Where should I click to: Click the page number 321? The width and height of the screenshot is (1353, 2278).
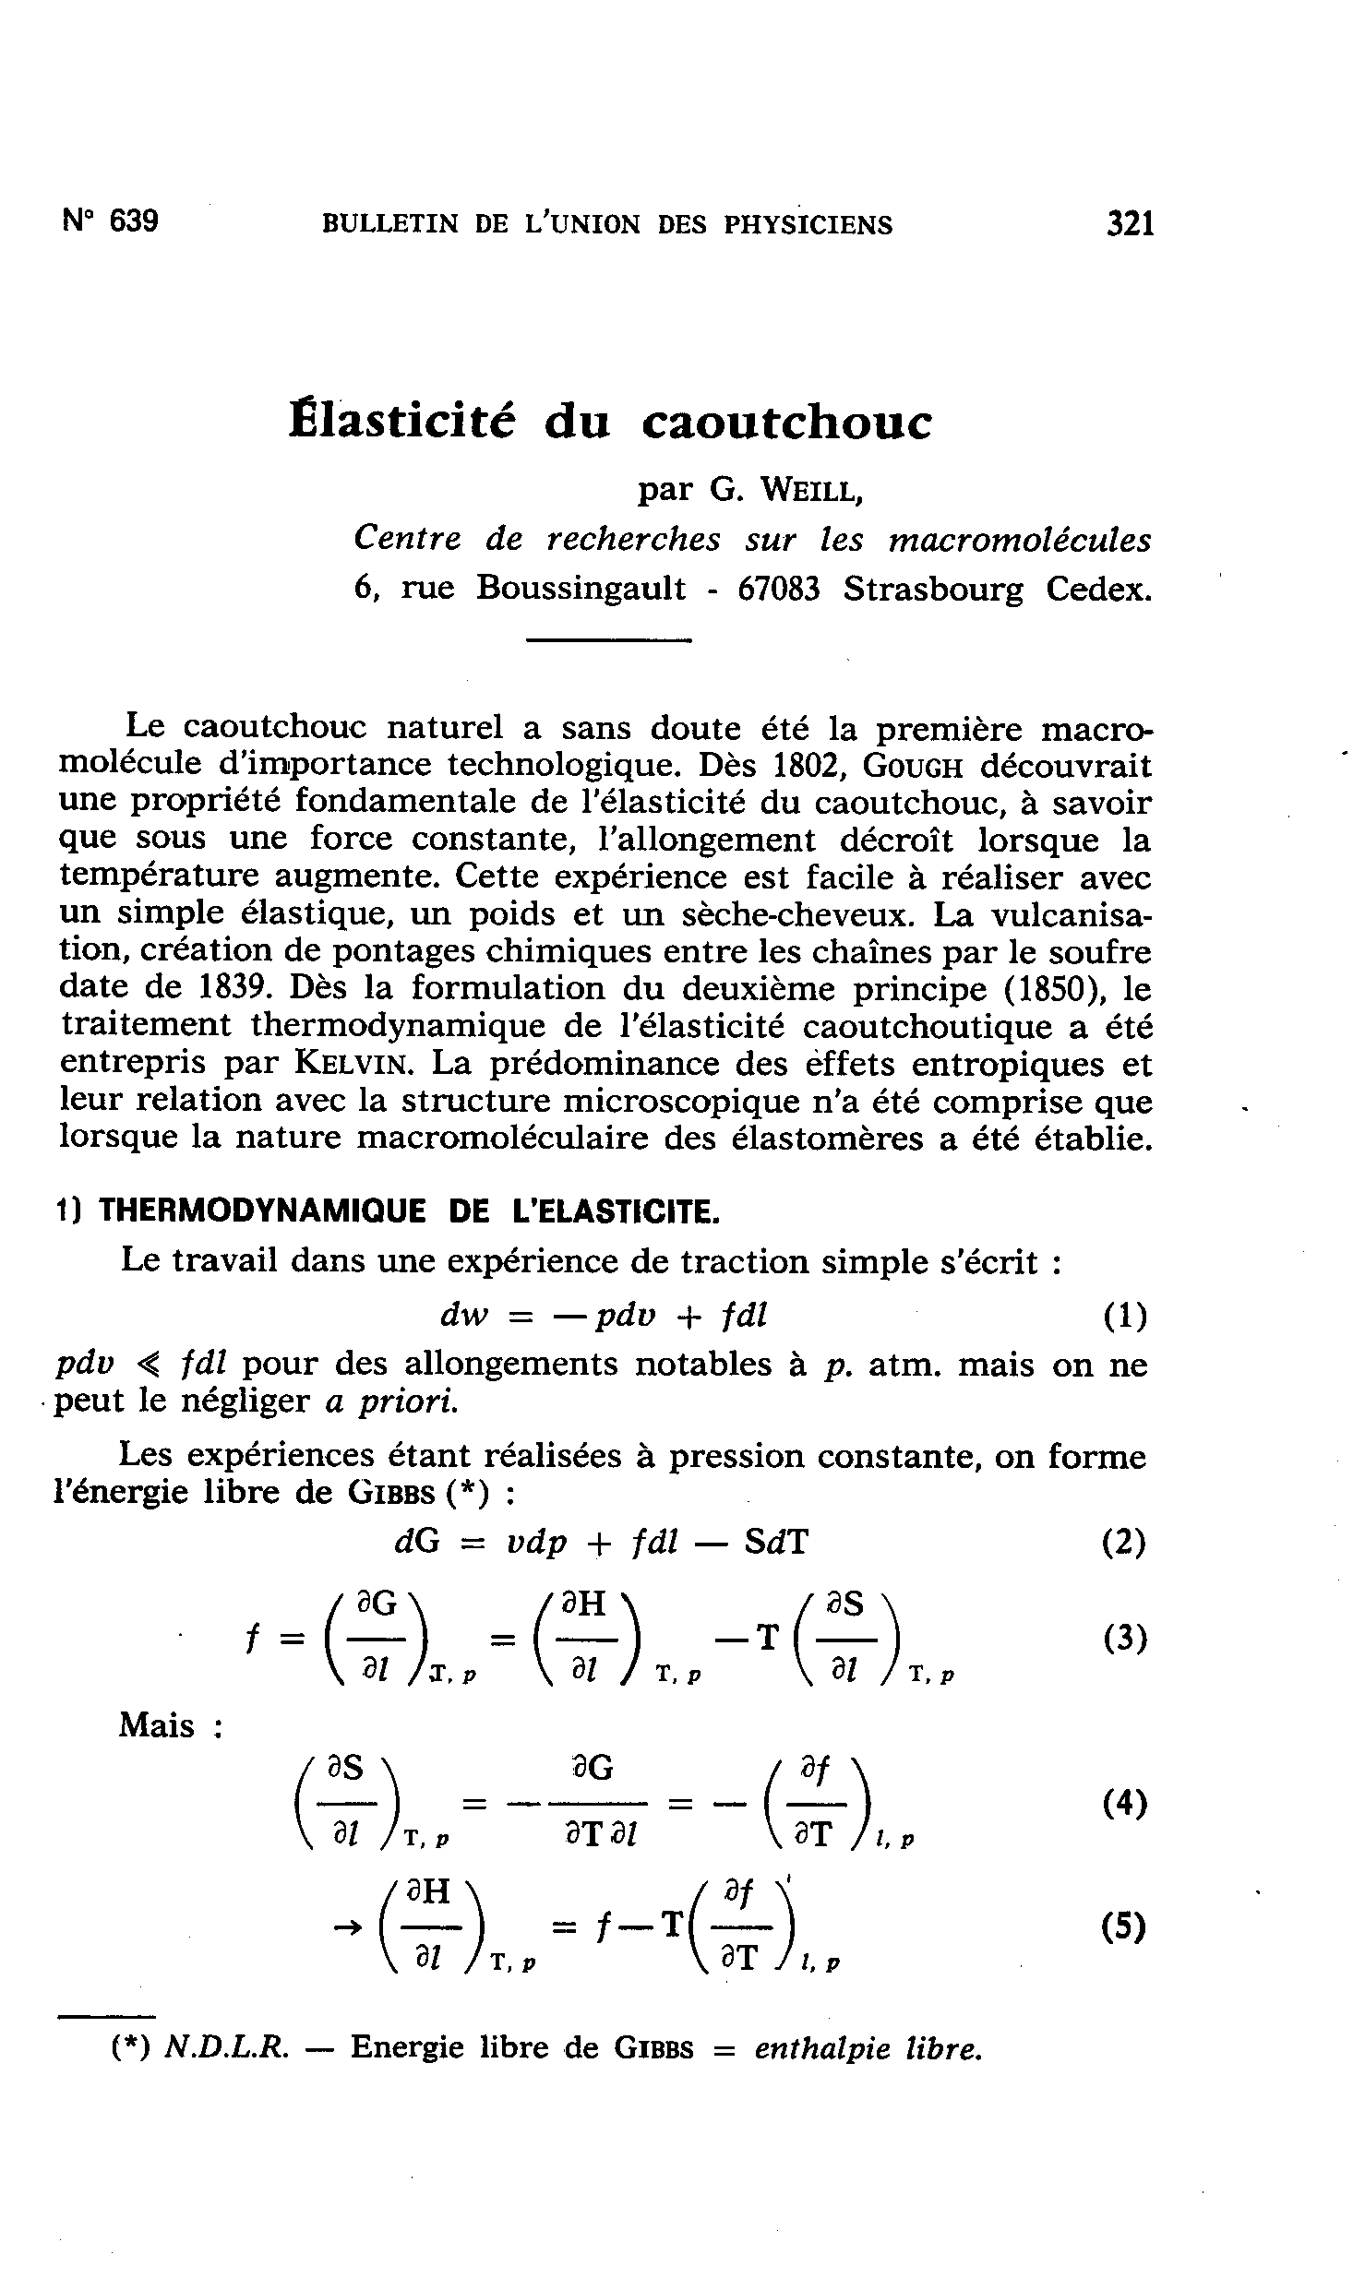tap(1131, 224)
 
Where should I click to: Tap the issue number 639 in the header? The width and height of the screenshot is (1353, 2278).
tap(134, 222)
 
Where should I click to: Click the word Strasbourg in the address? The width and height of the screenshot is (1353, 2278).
tap(933, 589)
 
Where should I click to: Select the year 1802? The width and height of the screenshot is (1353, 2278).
tap(813, 766)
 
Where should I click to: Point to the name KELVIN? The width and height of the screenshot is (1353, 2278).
tap(350, 1063)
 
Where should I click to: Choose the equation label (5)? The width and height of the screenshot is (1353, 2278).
tap(1123, 1927)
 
